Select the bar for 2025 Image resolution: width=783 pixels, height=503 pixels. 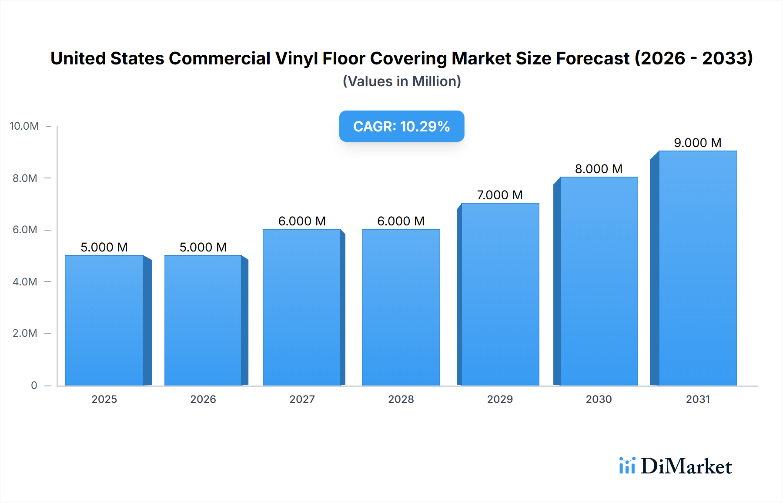[x=104, y=320]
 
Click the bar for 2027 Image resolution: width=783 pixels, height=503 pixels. [x=302, y=307]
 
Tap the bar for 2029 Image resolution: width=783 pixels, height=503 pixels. [x=500, y=294]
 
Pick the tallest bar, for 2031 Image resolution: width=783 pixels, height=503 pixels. [x=697, y=268]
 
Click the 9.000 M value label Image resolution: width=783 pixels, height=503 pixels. [x=697, y=143]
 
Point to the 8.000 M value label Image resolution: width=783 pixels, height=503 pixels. [x=599, y=169]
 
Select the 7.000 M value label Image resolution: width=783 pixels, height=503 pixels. [x=500, y=195]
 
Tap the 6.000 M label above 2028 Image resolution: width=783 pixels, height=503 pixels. [x=401, y=221]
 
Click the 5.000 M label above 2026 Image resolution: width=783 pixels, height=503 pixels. [x=203, y=247]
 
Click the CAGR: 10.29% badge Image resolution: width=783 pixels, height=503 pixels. [x=402, y=126]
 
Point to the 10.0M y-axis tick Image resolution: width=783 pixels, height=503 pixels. [x=24, y=126]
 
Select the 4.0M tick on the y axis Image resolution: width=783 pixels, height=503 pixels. [x=25, y=282]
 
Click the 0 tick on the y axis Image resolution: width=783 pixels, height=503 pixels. [x=34, y=385]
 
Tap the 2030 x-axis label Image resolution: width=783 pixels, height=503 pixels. [x=599, y=399]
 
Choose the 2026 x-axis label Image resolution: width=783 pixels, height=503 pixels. [x=203, y=399]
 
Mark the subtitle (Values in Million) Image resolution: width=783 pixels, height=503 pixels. [x=402, y=81]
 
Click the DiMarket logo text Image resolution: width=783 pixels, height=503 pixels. [x=686, y=466]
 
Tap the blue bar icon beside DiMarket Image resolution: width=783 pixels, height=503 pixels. [x=627, y=465]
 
